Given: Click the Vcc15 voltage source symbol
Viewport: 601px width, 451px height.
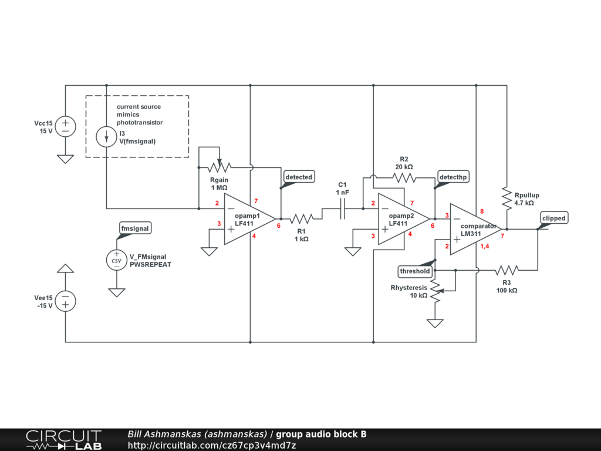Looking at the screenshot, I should pos(65,126).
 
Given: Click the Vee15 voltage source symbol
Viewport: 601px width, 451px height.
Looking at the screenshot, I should pos(65,301).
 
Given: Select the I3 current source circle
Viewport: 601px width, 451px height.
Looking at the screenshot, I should pos(106,137).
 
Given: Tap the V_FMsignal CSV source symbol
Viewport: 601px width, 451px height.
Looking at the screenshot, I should pos(116,260).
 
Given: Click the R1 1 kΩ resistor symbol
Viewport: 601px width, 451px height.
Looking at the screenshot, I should pos(302,218).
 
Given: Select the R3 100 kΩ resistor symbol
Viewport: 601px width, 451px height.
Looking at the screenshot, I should pos(506,270).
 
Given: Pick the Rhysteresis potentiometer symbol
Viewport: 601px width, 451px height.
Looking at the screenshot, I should pos(435,290).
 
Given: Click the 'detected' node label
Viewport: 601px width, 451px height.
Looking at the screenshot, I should pos(299,176).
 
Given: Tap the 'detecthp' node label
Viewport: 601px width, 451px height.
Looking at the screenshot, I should pos(454,176).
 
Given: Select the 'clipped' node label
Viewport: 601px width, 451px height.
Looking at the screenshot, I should pos(553,218).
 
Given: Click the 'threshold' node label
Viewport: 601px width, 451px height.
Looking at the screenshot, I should pos(415,271).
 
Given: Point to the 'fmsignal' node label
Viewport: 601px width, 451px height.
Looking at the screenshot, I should pos(134,228).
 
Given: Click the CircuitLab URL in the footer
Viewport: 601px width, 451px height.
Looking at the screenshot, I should pos(211,445).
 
